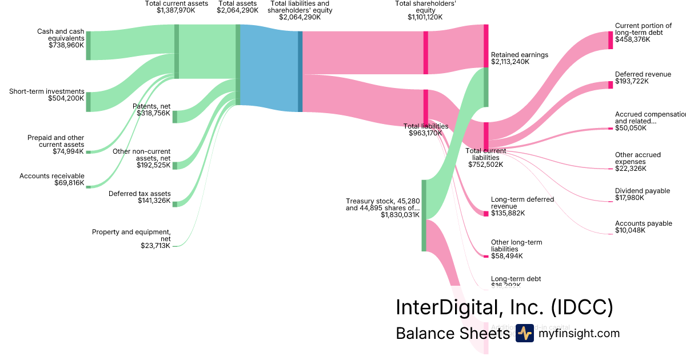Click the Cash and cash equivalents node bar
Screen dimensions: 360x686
pos(88,46)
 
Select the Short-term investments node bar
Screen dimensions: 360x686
pos(88,102)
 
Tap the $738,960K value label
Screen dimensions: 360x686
pos(66,45)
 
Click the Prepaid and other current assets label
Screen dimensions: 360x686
pos(56,141)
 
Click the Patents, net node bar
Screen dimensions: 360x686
pos(175,117)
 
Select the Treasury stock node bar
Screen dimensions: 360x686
pos(424,215)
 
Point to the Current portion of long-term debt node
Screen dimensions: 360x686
pos(611,41)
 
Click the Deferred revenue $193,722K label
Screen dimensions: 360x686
pos(635,78)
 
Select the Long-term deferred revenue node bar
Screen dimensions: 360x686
pos(486,214)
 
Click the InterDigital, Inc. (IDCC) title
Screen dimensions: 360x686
pos(504,307)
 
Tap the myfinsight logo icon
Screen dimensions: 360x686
pos(524,333)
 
